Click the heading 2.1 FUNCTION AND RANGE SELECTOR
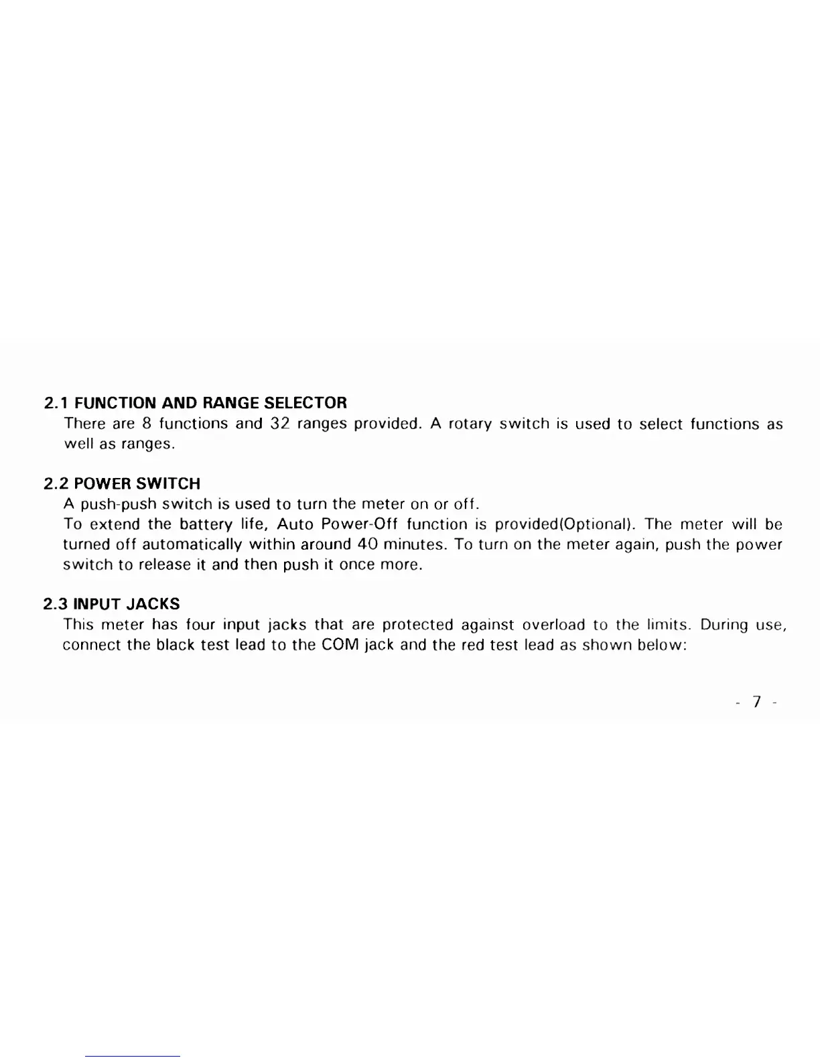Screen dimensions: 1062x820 pyautogui.click(x=195, y=403)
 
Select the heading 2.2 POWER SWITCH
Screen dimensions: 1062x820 pyautogui.click(x=122, y=483)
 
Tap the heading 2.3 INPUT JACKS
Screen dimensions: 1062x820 pyautogui.click(x=112, y=604)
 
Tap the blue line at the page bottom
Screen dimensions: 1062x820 pyautogui.click(x=133, y=1056)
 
